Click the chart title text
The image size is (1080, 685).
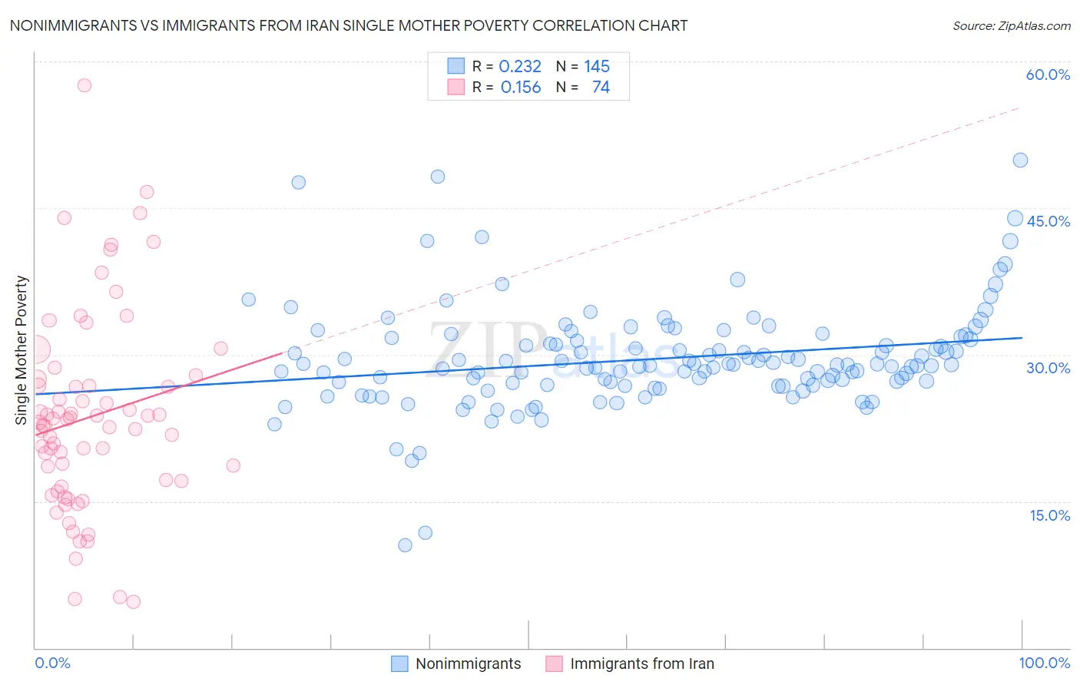tap(348, 25)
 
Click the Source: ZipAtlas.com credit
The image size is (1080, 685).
tap(1011, 25)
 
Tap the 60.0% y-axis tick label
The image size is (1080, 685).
tap(1048, 74)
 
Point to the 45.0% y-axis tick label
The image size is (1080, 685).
tap(1048, 221)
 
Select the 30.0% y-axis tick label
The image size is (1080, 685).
tap(1048, 368)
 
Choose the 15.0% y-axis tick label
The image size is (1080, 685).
tap(1049, 515)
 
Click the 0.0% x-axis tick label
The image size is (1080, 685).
tap(52, 663)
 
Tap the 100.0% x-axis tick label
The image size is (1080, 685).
tap(1044, 663)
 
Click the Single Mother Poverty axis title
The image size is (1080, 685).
tap(22, 350)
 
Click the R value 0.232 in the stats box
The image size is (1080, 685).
tap(520, 67)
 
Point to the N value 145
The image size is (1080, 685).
tap(597, 67)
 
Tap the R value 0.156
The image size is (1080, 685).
tap(520, 88)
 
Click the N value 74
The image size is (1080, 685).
tap(601, 88)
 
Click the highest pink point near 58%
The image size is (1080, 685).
tap(84, 85)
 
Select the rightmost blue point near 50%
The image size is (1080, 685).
tap(1020, 160)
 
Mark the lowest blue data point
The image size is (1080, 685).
tap(405, 545)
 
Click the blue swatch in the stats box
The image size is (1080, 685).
tap(456, 66)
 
